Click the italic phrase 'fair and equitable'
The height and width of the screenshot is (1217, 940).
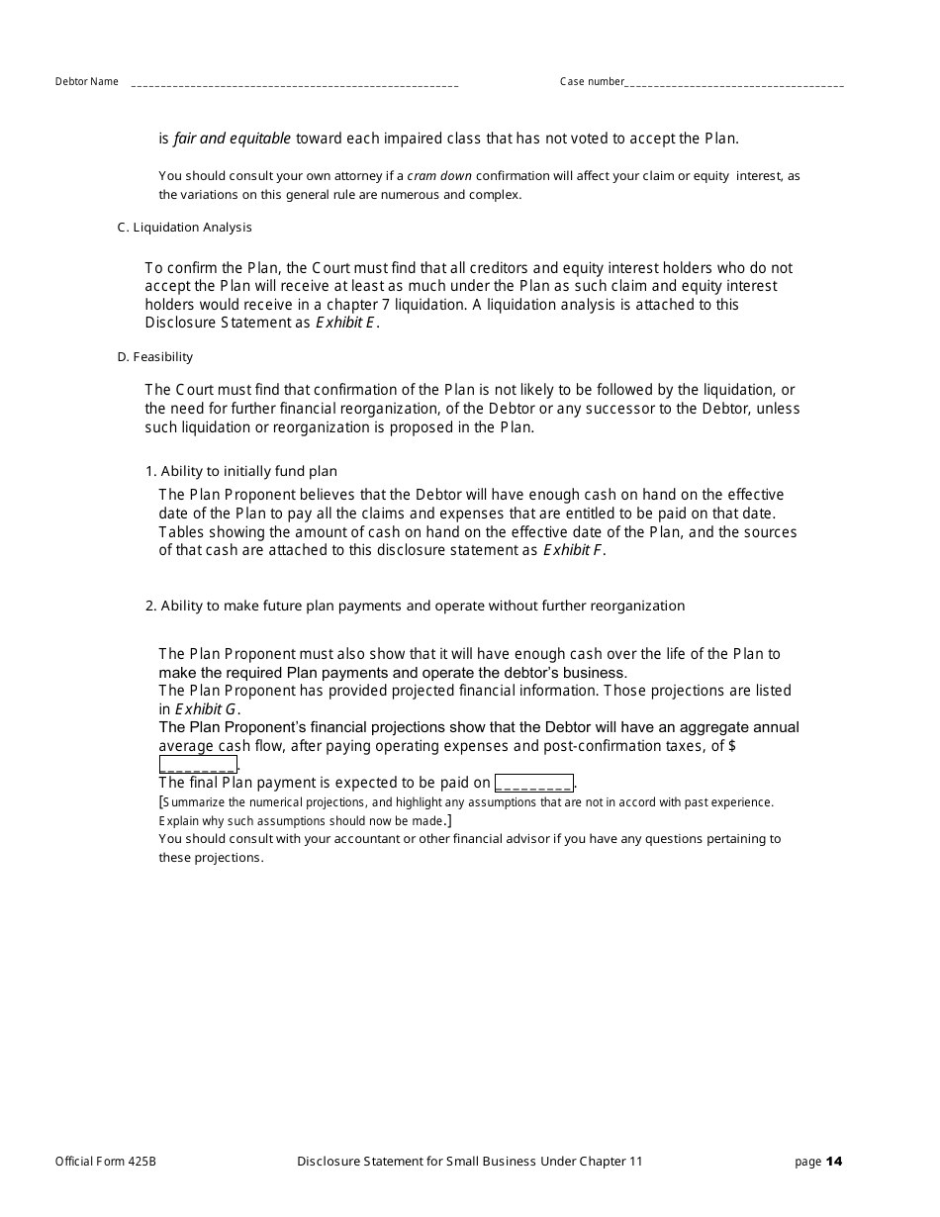tap(233, 140)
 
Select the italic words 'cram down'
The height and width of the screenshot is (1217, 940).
tap(439, 176)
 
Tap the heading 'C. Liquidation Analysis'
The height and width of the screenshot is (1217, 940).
tap(184, 228)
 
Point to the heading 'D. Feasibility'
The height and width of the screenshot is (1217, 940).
tap(154, 357)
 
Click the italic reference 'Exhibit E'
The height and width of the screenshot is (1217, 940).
tap(344, 324)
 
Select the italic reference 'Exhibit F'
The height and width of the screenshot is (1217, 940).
tap(573, 551)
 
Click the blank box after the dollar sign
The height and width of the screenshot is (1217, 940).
tap(198, 765)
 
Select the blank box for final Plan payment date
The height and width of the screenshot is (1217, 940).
tap(533, 783)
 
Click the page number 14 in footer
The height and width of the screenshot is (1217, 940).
tap(834, 1162)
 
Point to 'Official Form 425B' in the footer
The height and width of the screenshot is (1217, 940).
tap(105, 1162)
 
